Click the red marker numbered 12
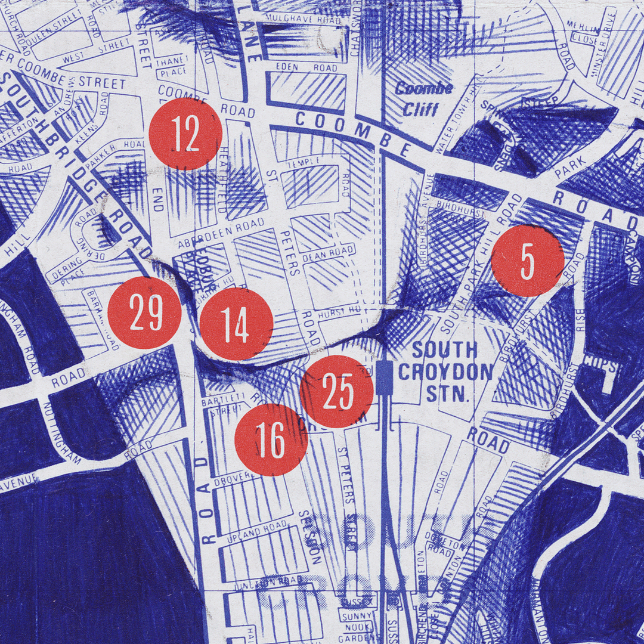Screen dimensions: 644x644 pyautogui.click(x=185, y=135)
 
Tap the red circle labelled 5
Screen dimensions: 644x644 pyautogui.click(x=527, y=261)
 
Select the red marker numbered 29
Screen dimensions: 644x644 pyautogui.click(x=145, y=312)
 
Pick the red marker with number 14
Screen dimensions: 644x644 pyautogui.click(x=236, y=324)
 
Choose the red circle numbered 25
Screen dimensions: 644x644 pyautogui.click(x=337, y=391)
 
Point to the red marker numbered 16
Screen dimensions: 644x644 pyautogui.click(x=271, y=440)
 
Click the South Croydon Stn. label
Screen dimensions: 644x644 pyautogui.click(x=445, y=371)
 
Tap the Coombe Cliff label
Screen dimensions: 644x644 pyautogui.click(x=424, y=98)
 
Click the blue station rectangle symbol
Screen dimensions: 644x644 pyautogui.click(x=385, y=377)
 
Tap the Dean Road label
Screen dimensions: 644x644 pyautogui.click(x=320, y=254)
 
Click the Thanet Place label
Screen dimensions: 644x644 pyautogui.click(x=172, y=66)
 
